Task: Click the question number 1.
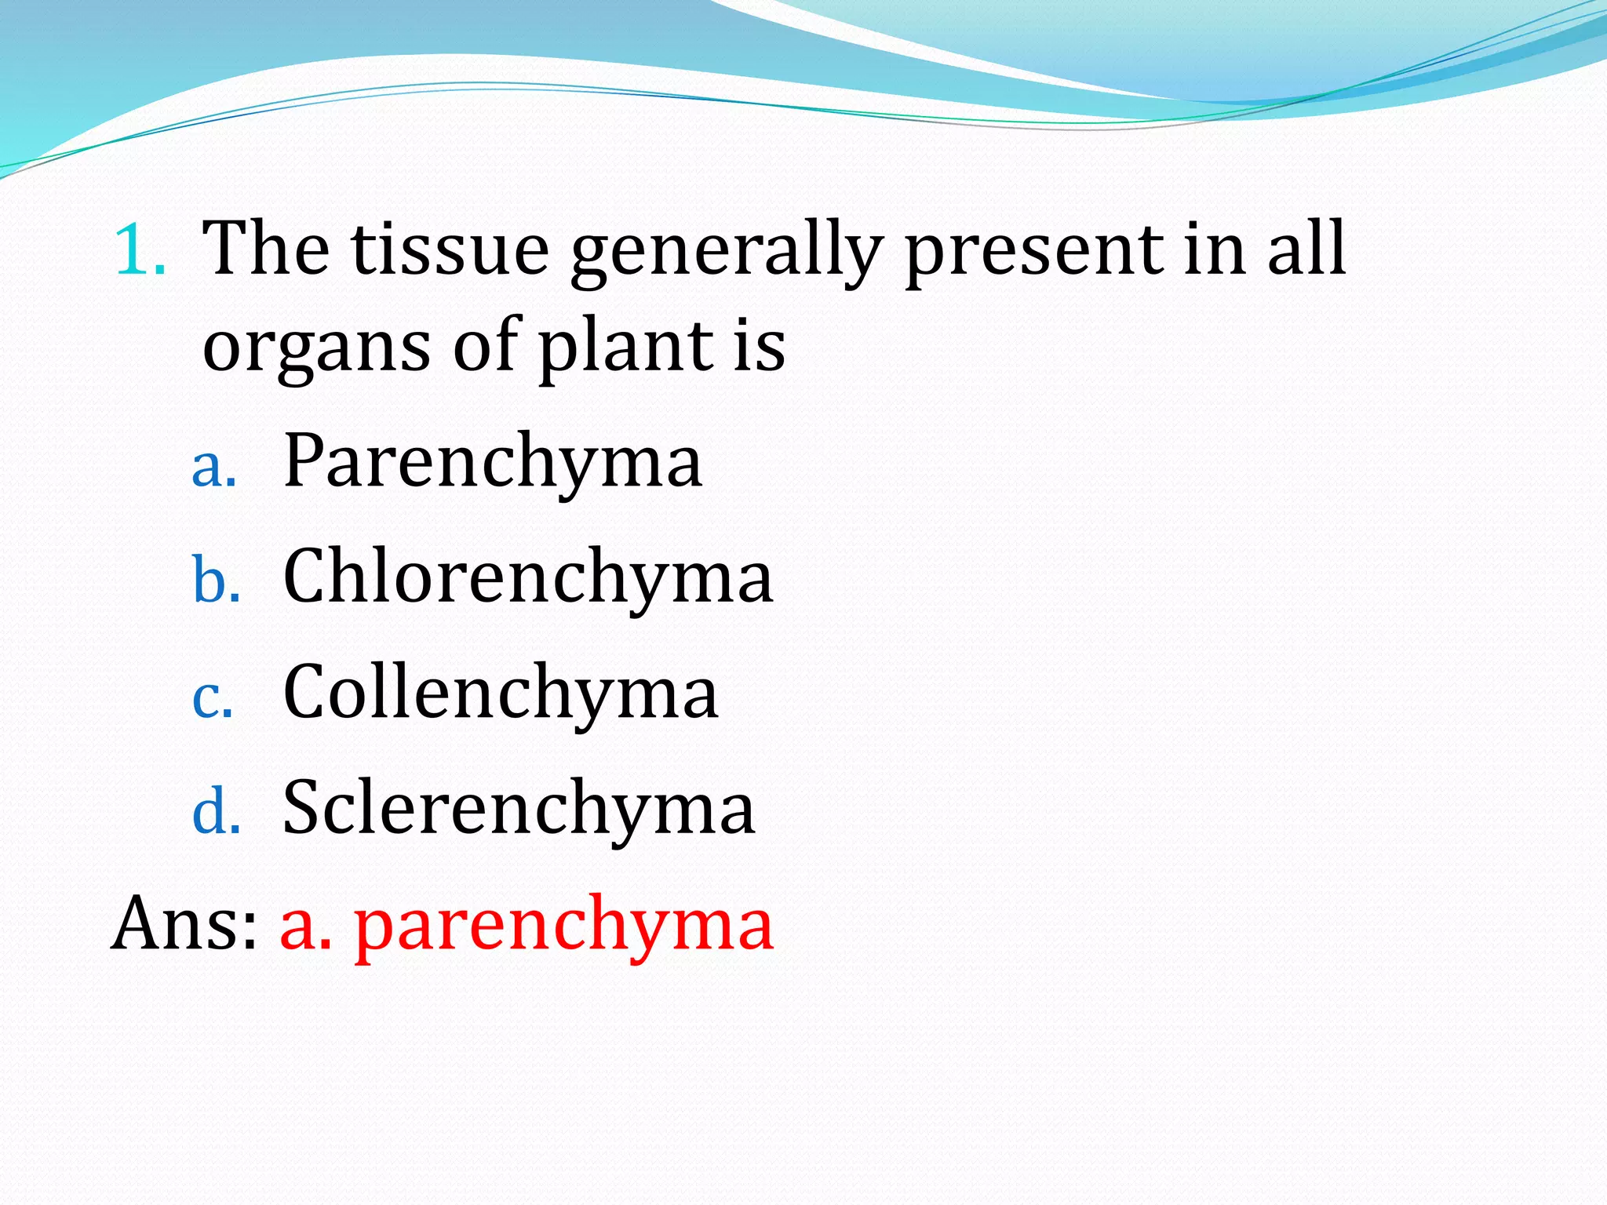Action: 140,250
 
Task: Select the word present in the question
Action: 1033,251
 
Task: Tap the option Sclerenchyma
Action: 519,808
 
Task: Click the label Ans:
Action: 184,923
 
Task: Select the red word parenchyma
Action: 564,926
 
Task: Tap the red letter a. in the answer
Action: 305,926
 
